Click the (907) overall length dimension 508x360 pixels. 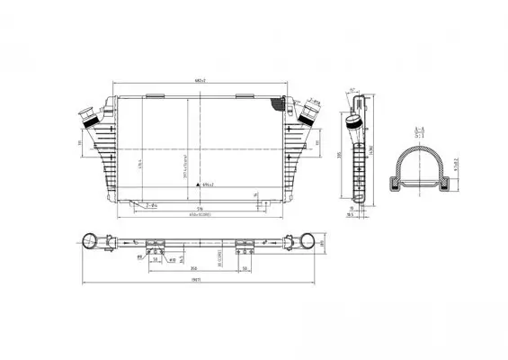(x=194, y=282)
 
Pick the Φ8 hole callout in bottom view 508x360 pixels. (x=140, y=256)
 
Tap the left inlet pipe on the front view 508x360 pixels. (x=89, y=117)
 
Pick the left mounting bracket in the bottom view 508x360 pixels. (x=154, y=244)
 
